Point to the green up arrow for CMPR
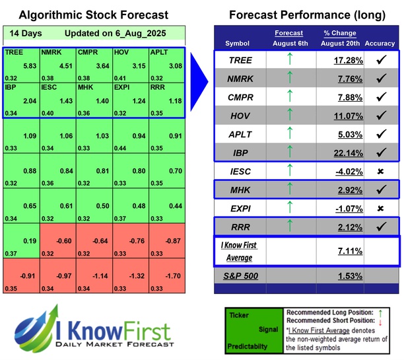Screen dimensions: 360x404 [x=288, y=97]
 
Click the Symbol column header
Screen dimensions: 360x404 [x=238, y=43]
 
